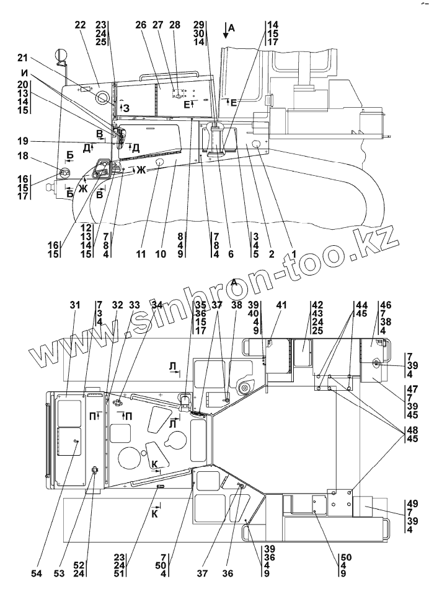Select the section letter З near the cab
[126, 108]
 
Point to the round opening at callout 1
[255, 146]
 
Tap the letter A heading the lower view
[234, 282]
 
